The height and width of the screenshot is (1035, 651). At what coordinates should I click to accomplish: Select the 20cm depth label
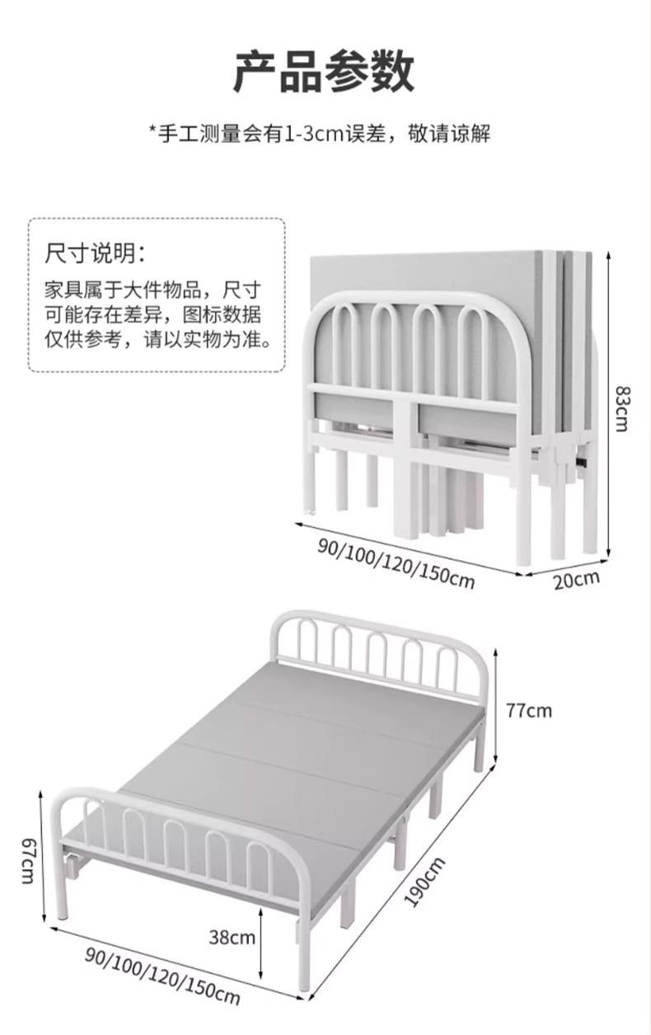coord(576,579)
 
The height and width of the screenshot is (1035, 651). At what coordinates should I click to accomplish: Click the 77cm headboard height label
coord(528,710)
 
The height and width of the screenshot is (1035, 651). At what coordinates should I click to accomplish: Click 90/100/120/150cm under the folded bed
coord(396,562)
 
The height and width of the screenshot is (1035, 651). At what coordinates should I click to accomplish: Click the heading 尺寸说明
coord(96,252)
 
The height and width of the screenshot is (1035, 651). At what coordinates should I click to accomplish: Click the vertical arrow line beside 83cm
coord(609,404)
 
